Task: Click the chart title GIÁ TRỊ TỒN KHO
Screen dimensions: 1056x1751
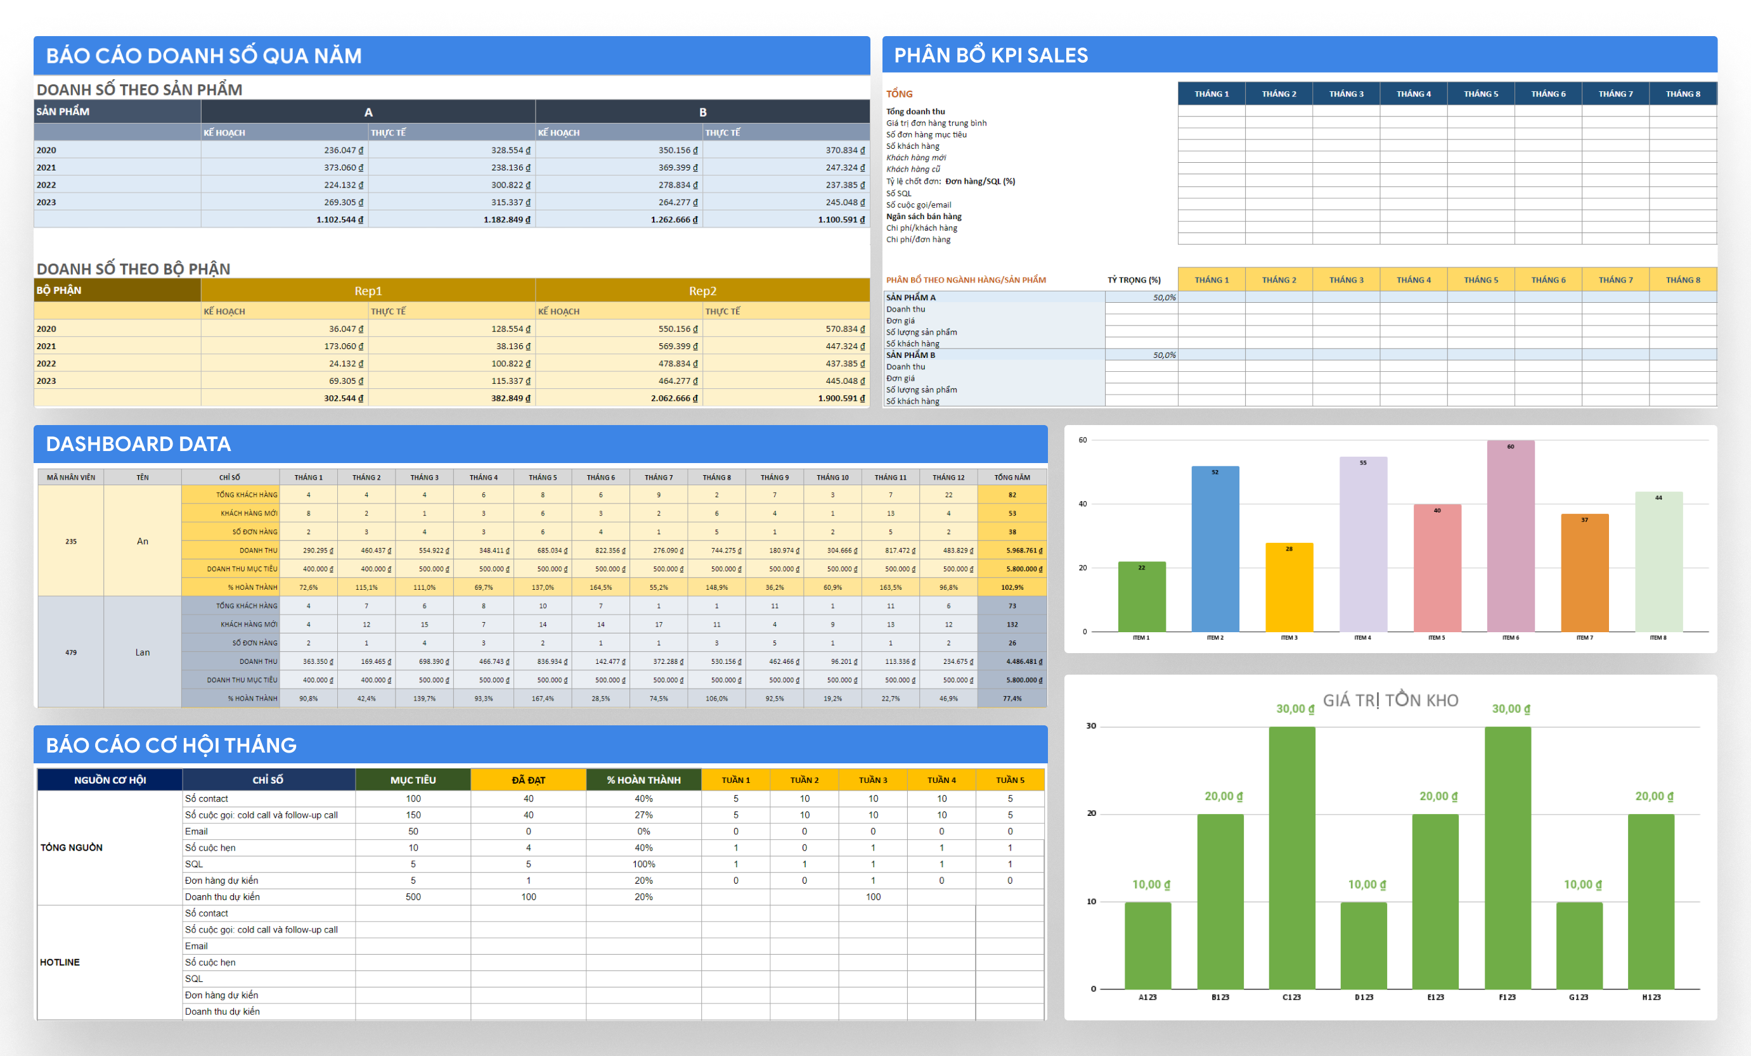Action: pos(1390,700)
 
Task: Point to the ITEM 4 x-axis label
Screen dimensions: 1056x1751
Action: pos(1362,638)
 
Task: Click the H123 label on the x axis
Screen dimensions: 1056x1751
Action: pos(1651,997)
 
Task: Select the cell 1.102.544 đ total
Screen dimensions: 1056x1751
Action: pos(340,219)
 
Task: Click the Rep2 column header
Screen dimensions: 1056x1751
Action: pos(702,291)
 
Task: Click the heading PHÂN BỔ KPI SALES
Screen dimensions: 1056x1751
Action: pos(991,55)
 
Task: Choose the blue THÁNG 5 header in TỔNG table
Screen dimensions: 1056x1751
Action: pos(1480,94)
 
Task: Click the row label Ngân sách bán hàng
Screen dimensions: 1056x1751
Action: pos(923,217)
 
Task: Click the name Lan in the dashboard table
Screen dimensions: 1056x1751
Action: pos(142,652)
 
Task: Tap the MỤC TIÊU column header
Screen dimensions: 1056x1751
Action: pos(413,780)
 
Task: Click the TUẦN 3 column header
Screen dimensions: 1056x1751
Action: pos(873,780)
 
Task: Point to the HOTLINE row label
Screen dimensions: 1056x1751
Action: pos(60,962)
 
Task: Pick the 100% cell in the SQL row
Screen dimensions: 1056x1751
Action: pos(643,864)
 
